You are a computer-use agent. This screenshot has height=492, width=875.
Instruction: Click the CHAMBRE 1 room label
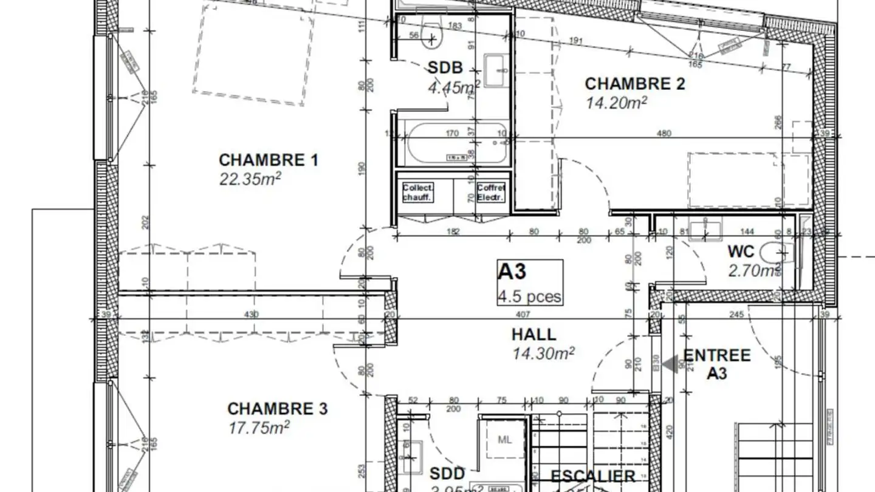coord(268,160)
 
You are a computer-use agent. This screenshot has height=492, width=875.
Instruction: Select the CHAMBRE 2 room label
coord(634,83)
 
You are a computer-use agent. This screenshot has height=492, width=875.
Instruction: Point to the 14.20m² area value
coord(616,103)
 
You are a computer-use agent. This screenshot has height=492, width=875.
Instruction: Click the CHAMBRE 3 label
coord(277,409)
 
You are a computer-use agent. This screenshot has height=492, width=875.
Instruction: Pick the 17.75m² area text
coord(259,428)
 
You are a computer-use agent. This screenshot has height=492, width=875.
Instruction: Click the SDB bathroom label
coord(445,67)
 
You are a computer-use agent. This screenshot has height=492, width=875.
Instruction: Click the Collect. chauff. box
coord(417,193)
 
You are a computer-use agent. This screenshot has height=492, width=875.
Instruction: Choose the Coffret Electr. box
coord(491,193)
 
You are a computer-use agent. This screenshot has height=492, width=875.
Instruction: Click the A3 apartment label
coord(512,272)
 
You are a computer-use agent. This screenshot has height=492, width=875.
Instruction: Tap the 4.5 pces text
coord(530,297)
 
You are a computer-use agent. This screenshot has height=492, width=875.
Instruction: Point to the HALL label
coord(534,334)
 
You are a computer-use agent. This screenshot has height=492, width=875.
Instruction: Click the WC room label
coord(741,251)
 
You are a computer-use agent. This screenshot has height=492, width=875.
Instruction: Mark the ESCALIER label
coord(592,476)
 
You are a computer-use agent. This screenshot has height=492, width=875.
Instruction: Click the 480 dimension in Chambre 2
coord(664,134)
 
